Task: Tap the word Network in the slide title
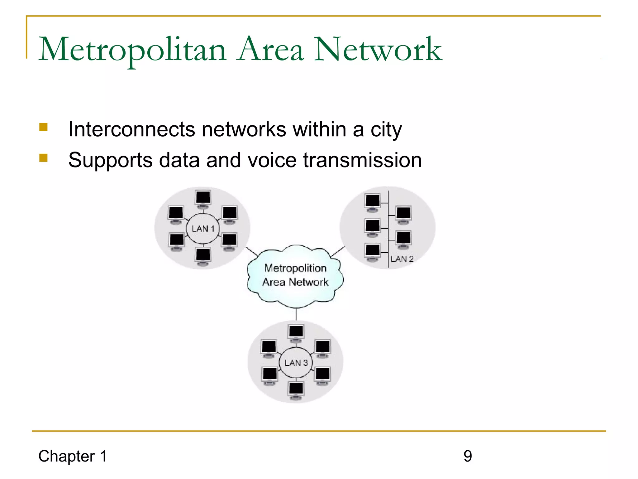[378, 49]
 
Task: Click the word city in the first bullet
[386, 130]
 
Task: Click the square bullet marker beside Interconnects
[43, 127]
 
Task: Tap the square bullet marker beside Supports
[43, 158]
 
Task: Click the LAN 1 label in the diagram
[203, 229]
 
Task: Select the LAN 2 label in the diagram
[402, 259]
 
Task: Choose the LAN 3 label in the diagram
[296, 363]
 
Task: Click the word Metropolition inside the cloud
[295, 268]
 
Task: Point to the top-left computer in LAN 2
[373, 201]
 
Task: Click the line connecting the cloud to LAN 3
[296, 314]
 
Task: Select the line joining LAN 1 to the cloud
[252, 251]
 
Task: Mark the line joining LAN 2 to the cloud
[338, 251]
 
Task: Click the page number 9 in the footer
[468, 456]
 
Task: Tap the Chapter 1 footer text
[73, 456]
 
